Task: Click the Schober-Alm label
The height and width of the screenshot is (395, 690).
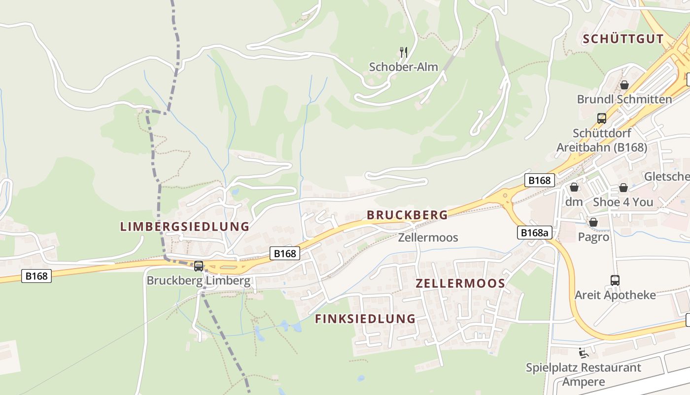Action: pos(403,67)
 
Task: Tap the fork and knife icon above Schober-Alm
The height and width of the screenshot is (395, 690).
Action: pos(403,51)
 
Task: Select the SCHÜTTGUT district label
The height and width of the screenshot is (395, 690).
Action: pos(623,39)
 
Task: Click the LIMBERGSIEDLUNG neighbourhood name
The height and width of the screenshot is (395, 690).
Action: pos(185,227)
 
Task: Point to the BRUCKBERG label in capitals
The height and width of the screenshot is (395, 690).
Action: pos(407,215)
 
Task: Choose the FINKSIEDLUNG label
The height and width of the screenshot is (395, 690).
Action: pos(365,319)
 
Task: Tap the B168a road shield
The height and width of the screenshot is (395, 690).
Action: pos(534,233)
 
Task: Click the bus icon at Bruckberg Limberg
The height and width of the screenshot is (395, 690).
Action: pos(199,266)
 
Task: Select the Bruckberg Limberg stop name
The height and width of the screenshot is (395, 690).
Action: pos(199,281)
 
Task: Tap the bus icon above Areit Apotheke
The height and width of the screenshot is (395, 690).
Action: pos(615,280)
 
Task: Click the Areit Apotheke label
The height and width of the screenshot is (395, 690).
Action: pos(615,295)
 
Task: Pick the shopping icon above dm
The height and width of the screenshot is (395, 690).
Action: pos(574,188)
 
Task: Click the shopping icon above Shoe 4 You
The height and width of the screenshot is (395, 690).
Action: pos(623,188)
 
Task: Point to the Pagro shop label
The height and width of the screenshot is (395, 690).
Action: pos(593,237)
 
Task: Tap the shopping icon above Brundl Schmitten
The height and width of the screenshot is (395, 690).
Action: pos(624,85)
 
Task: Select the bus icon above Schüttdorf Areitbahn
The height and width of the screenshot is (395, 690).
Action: pos(601,118)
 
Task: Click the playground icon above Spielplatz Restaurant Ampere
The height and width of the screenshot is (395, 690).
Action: pos(583,353)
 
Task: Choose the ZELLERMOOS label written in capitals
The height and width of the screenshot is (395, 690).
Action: pos(460,283)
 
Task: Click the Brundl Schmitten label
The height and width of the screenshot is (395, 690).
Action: pos(624,99)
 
